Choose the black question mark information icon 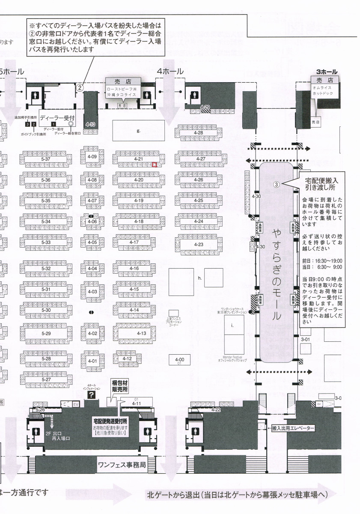click(91, 394)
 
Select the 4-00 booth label click(179, 359)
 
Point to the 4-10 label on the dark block click(90, 124)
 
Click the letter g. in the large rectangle click(138, 131)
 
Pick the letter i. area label click(233, 326)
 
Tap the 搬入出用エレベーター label click(293, 428)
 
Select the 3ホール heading click(327, 72)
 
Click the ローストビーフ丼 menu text click(122, 89)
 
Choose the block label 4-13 click(141, 333)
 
